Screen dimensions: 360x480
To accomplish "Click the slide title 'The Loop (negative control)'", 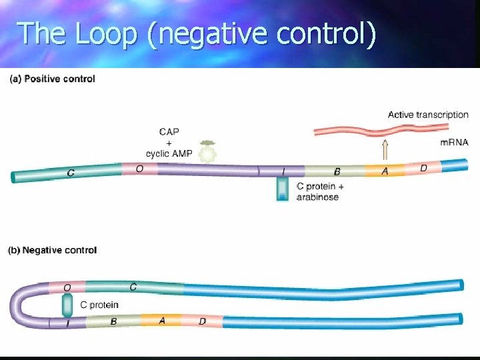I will [x=197, y=33].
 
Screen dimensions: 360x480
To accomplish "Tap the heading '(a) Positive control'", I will [x=52, y=79].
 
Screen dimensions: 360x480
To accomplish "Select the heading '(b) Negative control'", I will [x=53, y=251].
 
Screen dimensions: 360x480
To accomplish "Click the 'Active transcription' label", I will [x=428, y=115].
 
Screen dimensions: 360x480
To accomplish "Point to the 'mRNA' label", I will [x=455, y=142].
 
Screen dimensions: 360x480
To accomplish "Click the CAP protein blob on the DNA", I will [x=209, y=153].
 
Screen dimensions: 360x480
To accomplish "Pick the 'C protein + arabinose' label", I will [x=321, y=192].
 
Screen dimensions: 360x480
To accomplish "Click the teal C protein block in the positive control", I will [x=284, y=189].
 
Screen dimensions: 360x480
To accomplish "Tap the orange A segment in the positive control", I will [x=385, y=172].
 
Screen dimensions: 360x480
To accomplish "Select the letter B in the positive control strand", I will [x=337, y=172].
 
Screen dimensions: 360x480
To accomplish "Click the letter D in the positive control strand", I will [x=423, y=169].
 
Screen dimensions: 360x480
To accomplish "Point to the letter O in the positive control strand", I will [x=139, y=169].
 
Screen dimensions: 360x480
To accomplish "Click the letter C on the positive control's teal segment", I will [x=71, y=173].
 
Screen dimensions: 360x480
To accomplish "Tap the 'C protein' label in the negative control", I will [x=99, y=305].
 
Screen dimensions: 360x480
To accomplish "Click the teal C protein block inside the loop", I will [x=67, y=305].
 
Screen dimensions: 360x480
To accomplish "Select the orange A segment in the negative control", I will [x=161, y=321].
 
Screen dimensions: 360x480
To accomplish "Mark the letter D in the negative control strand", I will [x=202, y=322].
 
